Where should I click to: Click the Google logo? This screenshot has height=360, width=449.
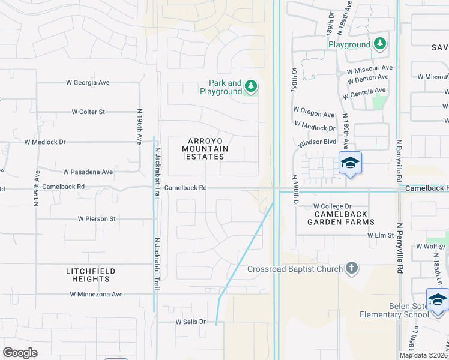20,353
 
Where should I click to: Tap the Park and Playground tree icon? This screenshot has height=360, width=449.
251,88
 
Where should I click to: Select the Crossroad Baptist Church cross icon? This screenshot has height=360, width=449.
352,269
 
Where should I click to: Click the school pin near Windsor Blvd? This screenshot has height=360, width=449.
350,163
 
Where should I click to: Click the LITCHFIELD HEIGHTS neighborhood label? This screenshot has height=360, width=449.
91,275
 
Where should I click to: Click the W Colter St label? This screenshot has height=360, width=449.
88,112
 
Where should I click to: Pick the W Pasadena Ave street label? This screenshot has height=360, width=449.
88,172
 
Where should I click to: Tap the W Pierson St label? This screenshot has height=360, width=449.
97,219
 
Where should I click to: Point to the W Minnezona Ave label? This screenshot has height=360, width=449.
96,294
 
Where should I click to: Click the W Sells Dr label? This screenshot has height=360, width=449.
190,322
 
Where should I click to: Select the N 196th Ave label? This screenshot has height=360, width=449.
139,126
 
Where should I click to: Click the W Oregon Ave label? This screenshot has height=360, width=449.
313,114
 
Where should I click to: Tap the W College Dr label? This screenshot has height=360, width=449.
332,206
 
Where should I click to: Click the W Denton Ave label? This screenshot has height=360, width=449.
368,77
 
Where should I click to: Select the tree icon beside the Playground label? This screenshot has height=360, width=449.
379,44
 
